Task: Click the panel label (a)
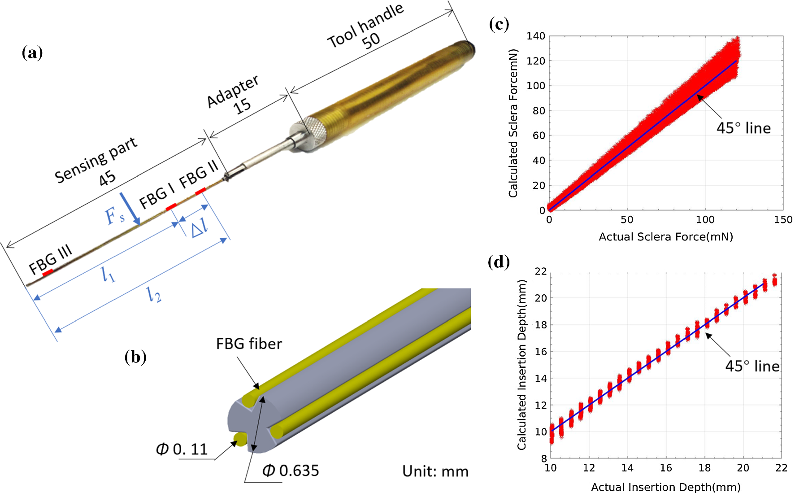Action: [32, 53]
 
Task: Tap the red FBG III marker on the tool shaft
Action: [48, 272]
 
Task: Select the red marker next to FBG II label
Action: [200, 192]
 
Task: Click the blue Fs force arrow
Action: [130, 209]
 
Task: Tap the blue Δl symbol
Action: [200, 228]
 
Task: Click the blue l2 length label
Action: [154, 294]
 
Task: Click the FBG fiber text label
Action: [249, 344]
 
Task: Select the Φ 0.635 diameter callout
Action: [291, 471]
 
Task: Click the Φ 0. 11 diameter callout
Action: [182, 449]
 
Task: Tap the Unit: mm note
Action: [435, 471]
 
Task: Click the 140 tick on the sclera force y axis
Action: [536, 36]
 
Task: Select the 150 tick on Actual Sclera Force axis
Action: [783, 220]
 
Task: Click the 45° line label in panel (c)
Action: [743, 128]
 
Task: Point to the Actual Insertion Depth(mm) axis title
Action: [665, 487]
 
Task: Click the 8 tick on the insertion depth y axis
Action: [544, 458]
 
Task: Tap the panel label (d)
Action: [499, 262]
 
